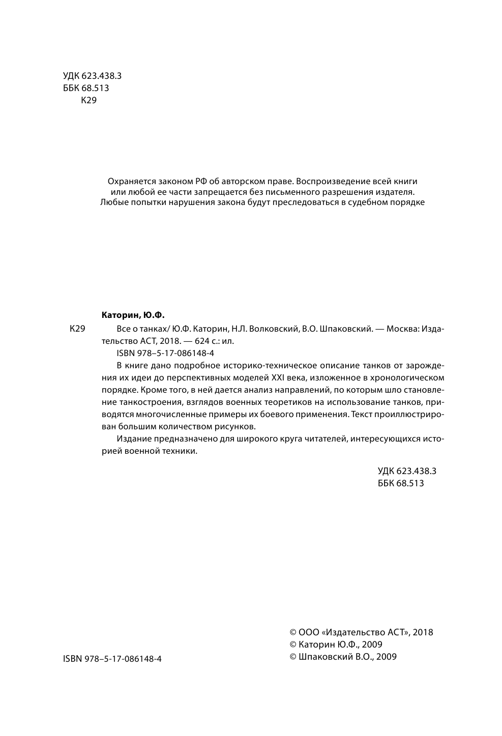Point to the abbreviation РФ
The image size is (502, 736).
tap(202, 181)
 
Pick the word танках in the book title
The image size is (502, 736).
tap(154, 329)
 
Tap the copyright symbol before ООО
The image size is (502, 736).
tap(293, 632)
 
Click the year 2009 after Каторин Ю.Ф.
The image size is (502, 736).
tap(372, 644)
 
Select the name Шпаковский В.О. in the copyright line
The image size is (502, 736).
tap(336, 657)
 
